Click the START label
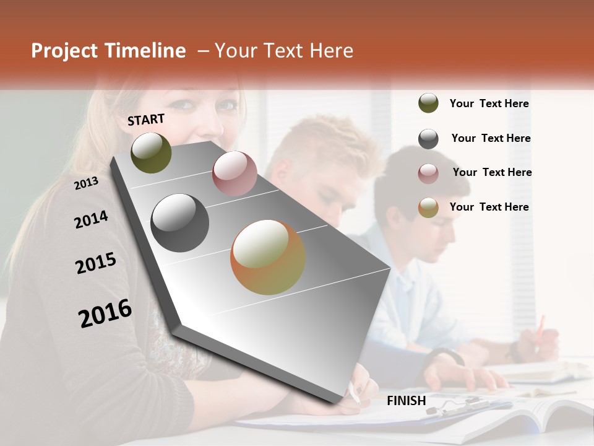point(146,120)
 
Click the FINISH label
point(406,401)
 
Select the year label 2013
point(86,183)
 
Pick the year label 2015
point(96,263)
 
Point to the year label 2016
point(105,313)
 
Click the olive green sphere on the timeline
point(151,152)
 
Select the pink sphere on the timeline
point(235,173)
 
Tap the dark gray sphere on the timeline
point(180,223)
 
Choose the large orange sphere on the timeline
point(268,257)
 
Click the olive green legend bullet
point(428,103)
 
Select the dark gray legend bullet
point(428,139)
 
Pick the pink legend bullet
point(428,173)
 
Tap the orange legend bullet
point(428,208)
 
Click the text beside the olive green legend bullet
point(489,103)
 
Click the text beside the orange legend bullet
point(489,207)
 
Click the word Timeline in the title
point(146,51)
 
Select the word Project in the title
point(64,51)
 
